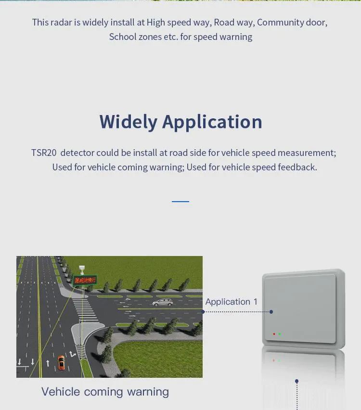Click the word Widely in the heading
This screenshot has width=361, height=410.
128,122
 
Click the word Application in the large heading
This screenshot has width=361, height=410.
212,122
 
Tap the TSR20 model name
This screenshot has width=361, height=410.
44,153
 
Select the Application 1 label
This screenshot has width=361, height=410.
231,302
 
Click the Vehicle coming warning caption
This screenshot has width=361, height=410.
105,392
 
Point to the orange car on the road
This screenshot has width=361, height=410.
61,362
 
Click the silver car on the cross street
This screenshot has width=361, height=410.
162,302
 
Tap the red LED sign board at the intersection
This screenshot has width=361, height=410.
85,279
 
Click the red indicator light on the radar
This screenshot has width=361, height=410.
274,334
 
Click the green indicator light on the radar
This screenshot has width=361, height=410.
279,334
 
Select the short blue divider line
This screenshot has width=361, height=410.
180,201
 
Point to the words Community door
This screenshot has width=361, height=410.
292,22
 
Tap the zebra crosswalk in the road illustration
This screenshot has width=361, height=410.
86,310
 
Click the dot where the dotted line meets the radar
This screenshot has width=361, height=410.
271,312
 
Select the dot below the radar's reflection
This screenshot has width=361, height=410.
297,381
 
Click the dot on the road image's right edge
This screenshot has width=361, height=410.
203,312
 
